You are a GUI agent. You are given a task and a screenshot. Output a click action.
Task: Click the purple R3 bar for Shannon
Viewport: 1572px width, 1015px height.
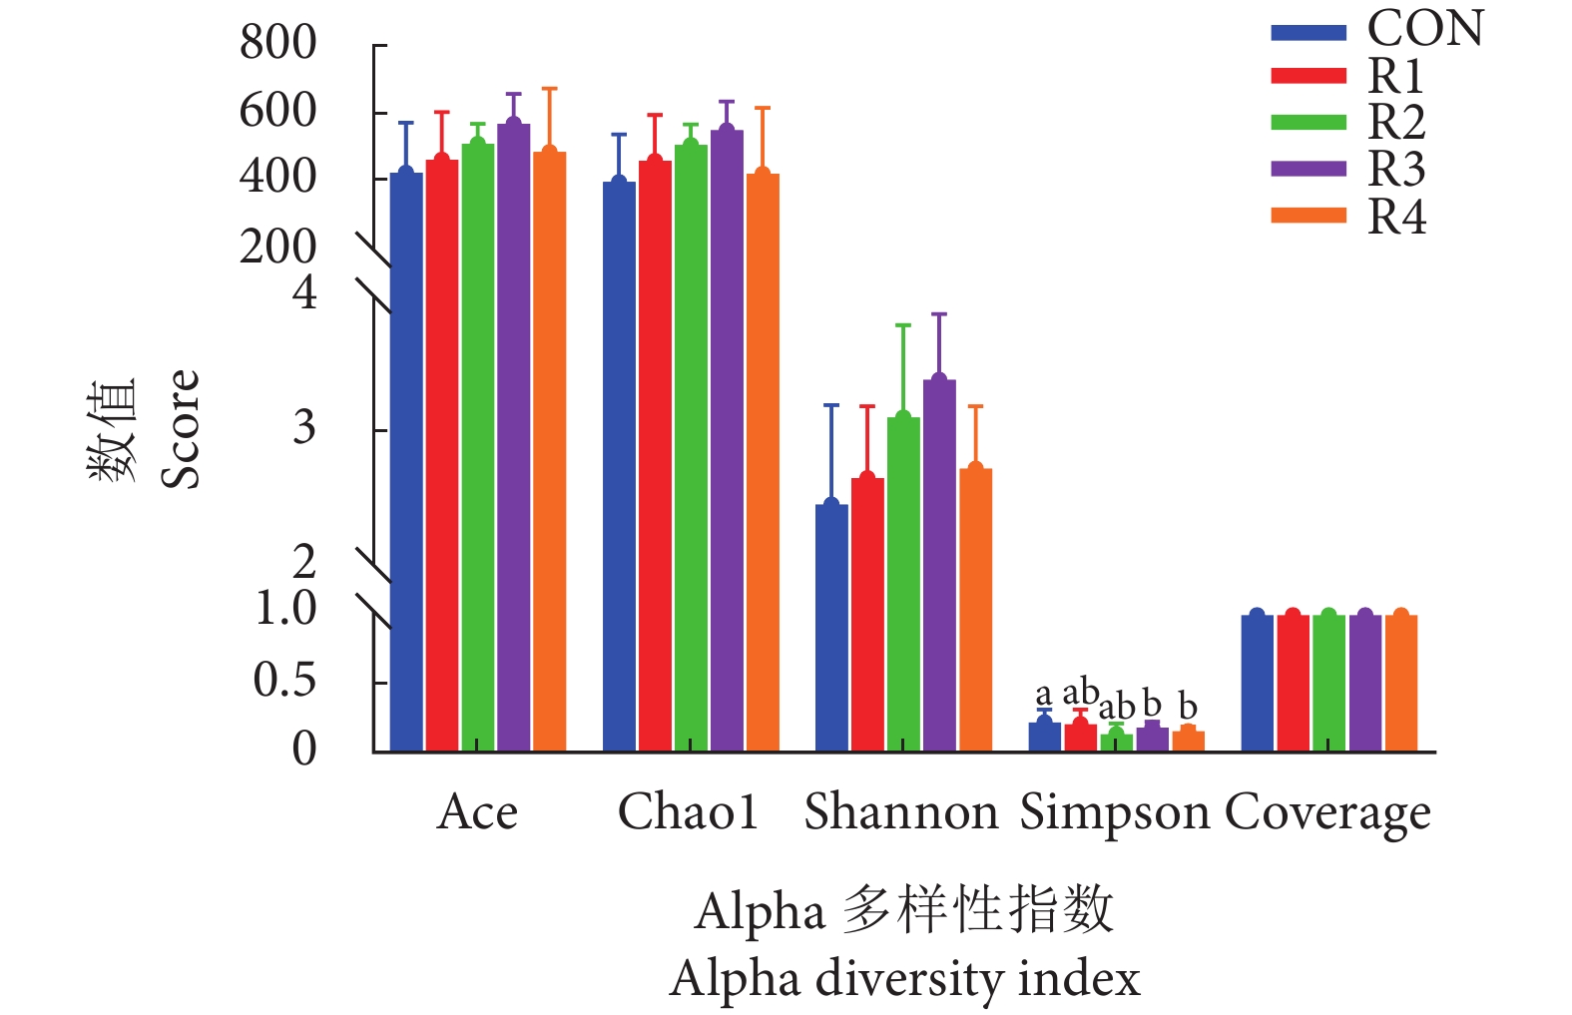(939, 565)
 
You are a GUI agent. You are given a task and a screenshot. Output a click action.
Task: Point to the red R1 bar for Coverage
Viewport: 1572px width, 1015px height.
(1293, 683)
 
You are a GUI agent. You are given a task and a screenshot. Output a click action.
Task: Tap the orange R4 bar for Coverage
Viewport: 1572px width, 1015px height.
(1400, 683)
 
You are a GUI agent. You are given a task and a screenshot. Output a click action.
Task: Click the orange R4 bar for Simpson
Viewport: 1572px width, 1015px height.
(1188, 741)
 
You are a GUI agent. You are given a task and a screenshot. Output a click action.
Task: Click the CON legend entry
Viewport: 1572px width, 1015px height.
(1377, 29)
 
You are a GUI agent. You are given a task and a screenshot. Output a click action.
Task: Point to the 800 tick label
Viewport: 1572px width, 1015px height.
(277, 43)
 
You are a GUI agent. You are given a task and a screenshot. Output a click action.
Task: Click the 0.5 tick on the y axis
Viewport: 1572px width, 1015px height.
(284, 681)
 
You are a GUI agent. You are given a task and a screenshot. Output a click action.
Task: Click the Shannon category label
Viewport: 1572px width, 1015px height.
(900, 811)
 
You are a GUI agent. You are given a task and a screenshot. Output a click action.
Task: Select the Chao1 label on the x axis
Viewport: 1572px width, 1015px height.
(688, 811)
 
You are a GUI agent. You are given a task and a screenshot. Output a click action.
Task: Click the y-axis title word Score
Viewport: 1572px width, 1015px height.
(181, 429)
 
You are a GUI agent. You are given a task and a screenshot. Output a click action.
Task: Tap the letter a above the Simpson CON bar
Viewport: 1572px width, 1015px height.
(1043, 693)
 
